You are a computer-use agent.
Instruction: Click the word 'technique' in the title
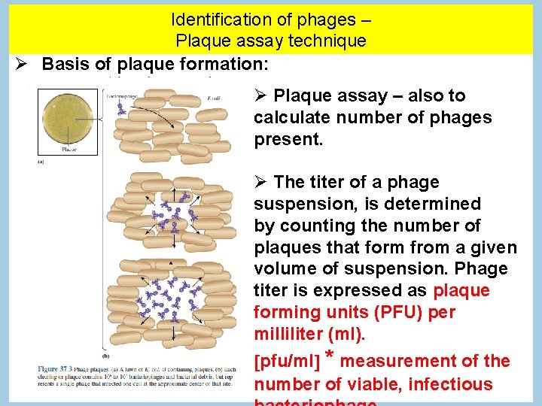pyautogui.click(x=330, y=41)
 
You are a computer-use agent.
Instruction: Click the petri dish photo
pyautogui.click(x=68, y=120)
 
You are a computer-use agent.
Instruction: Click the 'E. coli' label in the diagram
pyautogui.click(x=215, y=98)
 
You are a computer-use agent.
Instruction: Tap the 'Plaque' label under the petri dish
pyautogui.click(x=69, y=150)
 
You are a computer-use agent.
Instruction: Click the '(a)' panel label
pyautogui.click(x=41, y=160)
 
